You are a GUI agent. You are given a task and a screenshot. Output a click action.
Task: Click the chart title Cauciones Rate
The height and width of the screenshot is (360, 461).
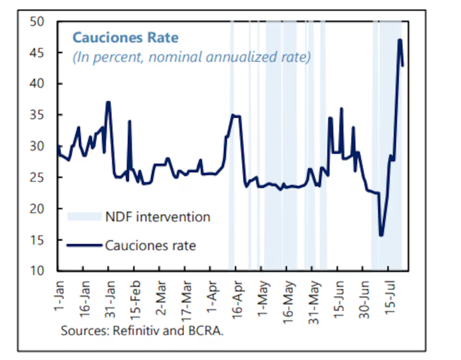(x=125, y=37)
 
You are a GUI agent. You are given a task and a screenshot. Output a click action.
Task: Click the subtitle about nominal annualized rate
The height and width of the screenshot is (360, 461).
(x=191, y=57)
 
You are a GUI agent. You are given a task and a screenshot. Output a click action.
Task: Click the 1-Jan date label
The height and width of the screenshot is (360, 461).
(x=59, y=290)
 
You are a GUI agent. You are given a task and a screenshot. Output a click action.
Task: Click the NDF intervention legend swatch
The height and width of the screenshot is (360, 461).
(x=84, y=216)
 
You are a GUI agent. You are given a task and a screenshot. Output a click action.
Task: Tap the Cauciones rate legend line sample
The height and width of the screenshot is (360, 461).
(x=84, y=245)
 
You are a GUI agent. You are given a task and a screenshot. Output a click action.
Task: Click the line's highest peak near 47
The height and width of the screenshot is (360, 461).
(x=400, y=40)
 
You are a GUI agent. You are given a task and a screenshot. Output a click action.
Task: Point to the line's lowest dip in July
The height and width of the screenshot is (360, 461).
(x=382, y=235)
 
